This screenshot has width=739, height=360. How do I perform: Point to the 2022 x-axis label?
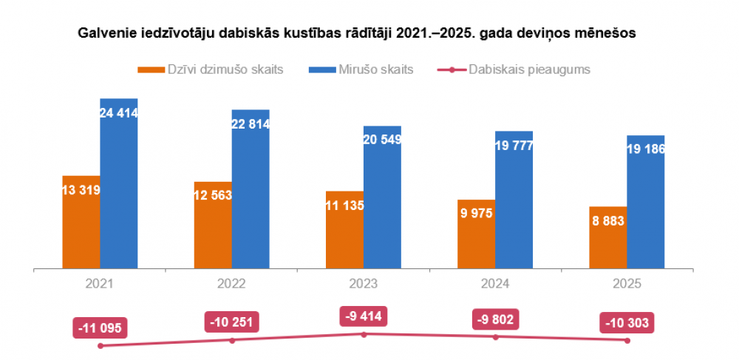click(x=231, y=284)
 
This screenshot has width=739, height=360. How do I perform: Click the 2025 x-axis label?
click(x=627, y=284)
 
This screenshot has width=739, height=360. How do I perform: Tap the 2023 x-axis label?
click(x=363, y=284)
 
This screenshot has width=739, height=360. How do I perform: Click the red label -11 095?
click(x=101, y=327)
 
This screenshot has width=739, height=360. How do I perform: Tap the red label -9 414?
click(x=363, y=316)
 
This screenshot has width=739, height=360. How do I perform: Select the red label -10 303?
click(x=627, y=323)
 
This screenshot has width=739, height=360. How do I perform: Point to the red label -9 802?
click(x=495, y=319)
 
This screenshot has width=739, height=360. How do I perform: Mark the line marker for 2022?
click(x=232, y=340)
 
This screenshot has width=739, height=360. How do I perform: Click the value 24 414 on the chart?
click(x=119, y=113)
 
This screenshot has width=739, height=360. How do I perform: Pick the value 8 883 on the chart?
click(x=608, y=221)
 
